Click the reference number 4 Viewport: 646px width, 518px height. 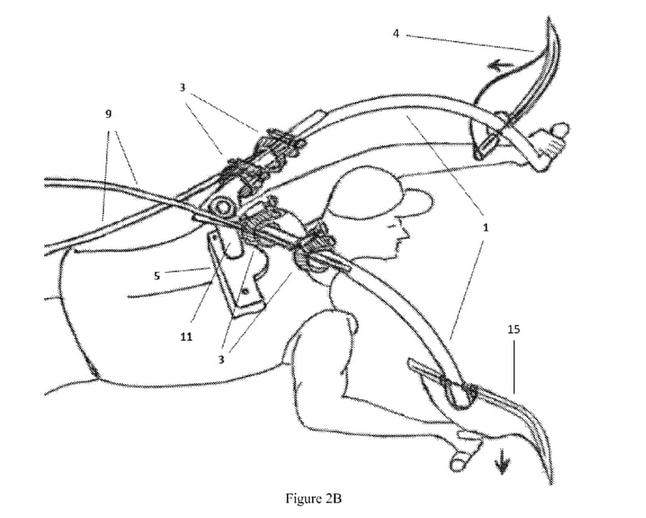click(396, 33)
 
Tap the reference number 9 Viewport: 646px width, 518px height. click(108, 114)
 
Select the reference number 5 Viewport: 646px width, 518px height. click(157, 275)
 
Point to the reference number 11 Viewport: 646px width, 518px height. click(187, 337)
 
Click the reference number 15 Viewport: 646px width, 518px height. click(514, 329)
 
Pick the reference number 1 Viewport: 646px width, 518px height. click(486, 227)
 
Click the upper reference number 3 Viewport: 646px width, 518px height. click(182, 88)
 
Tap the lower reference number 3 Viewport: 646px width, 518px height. click(221, 360)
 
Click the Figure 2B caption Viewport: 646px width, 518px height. click(313, 499)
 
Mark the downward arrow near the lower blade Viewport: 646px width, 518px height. click(502, 463)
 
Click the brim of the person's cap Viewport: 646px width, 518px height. click(418, 200)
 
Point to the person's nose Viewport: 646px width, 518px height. click(406, 234)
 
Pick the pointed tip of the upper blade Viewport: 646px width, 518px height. click(548, 17)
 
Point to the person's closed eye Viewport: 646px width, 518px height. click(392, 225)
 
